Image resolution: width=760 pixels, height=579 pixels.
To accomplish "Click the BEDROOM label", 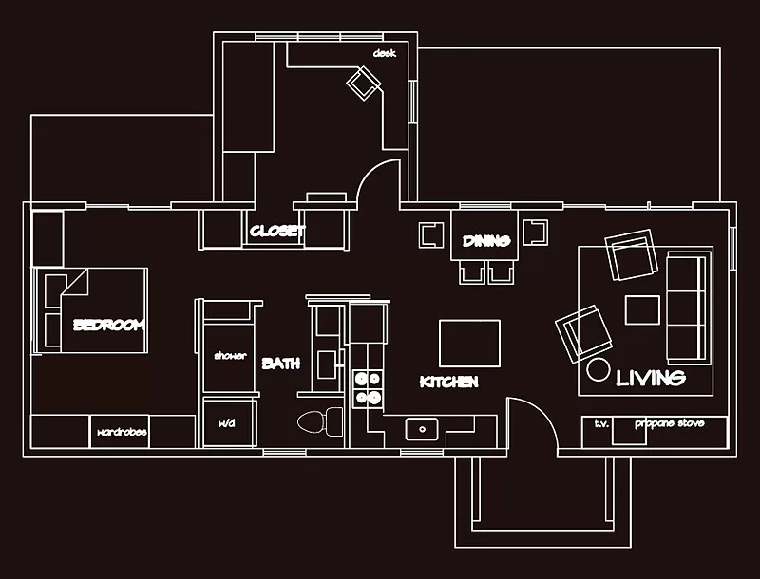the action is [x=108, y=325].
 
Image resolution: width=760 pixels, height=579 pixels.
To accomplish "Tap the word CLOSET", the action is [x=277, y=232].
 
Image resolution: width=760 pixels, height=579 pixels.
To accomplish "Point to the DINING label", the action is [x=486, y=240].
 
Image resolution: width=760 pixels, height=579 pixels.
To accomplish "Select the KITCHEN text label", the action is [x=448, y=382].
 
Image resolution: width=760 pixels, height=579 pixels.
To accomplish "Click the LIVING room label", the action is [x=651, y=378].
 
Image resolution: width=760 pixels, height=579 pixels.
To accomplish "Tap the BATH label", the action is [x=281, y=364].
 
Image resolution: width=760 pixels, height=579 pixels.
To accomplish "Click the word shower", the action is [x=230, y=356].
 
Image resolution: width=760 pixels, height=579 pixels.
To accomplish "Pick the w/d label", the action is [x=227, y=423].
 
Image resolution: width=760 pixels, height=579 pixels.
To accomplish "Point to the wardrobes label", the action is [x=122, y=432].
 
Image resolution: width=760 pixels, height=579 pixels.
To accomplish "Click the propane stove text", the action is [x=670, y=423].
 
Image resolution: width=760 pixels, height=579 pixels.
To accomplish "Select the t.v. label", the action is [x=601, y=423].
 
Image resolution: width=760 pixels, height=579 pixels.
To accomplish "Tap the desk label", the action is [x=385, y=53].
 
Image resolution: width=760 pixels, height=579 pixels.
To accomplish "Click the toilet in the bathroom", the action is [x=320, y=421].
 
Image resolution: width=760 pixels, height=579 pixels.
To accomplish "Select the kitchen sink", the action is [x=422, y=429].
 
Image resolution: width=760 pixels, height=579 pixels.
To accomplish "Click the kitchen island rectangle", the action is [x=469, y=344].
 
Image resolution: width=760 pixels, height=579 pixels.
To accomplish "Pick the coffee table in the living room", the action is [x=642, y=309].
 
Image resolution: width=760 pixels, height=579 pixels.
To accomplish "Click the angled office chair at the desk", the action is [x=364, y=84].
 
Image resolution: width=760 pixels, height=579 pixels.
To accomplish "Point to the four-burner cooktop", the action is [x=367, y=389].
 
